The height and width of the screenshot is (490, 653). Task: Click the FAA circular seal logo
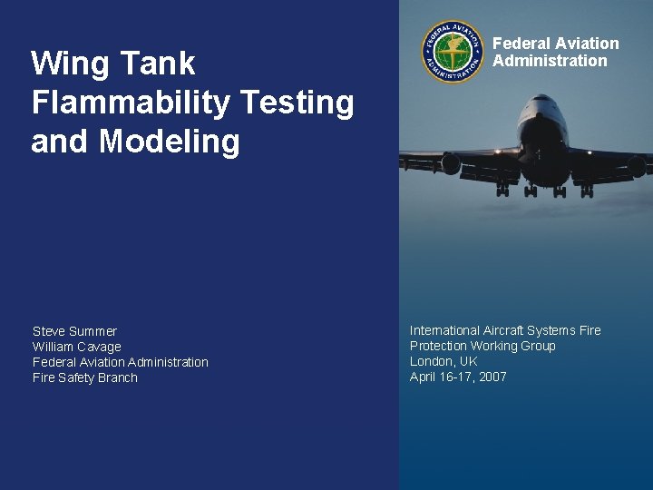(452, 52)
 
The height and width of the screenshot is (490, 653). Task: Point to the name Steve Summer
(74, 331)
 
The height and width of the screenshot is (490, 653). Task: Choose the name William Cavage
(76, 347)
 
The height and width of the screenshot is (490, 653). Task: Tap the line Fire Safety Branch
(84, 377)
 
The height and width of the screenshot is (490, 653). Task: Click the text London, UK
(443, 361)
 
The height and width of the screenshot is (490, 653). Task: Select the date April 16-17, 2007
(458, 377)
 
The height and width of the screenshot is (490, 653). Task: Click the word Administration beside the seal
(550, 61)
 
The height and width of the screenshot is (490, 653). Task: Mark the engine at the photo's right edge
(637, 165)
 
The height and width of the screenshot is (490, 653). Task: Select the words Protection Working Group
(482, 346)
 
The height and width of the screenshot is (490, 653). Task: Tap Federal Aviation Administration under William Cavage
(120, 362)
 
